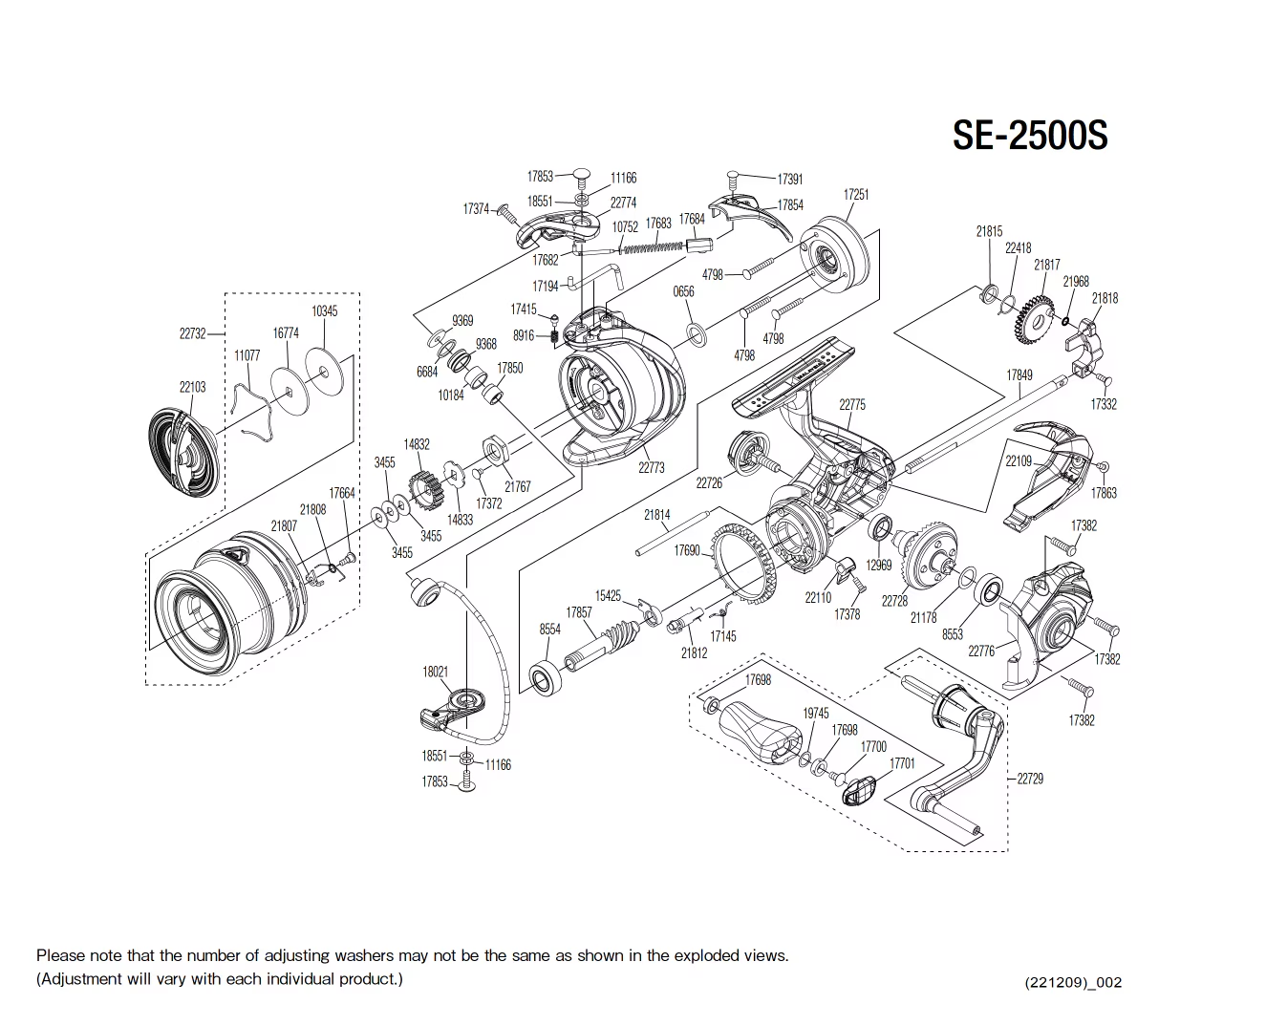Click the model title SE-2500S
tap(1029, 136)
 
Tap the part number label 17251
tap(856, 194)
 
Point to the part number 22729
tap(1029, 779)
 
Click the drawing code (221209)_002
tap(1072, 982)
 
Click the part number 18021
tap(435, 672)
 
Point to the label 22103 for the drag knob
tap(192, 387)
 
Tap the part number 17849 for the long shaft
tap(1019, 375)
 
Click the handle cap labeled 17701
tap(861, 791)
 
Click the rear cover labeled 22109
tap(1046, 473)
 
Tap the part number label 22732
tap(192, 333)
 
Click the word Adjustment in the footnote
tap(79, 979)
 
